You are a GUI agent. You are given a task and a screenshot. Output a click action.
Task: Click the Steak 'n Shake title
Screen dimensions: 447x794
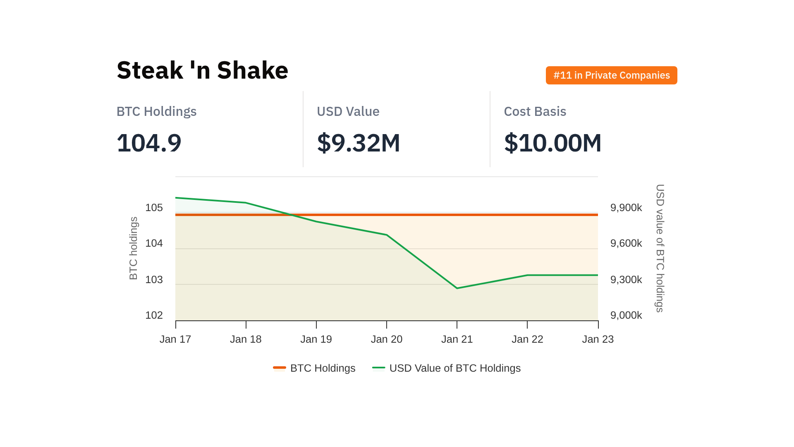202,70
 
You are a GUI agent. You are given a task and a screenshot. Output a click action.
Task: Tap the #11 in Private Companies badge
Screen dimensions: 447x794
611,75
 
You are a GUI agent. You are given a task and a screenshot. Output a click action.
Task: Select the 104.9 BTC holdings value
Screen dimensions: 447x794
149,143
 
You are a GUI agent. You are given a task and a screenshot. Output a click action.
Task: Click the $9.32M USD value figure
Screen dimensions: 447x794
358,143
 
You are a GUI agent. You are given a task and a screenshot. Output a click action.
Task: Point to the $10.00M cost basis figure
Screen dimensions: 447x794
552,143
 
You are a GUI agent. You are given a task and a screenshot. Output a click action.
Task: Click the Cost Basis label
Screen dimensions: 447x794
535,111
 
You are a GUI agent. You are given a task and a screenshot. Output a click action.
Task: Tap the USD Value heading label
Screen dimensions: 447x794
348,111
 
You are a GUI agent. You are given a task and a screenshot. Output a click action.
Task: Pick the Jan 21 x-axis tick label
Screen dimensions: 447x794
457,339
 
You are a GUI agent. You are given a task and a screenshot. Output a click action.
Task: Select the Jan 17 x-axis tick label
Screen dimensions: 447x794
175,339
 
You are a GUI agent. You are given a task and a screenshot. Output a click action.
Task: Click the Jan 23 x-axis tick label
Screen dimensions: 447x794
598,339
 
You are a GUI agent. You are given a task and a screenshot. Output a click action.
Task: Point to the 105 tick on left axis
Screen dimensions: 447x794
154,208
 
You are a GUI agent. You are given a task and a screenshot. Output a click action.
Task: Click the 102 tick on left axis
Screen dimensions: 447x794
154,315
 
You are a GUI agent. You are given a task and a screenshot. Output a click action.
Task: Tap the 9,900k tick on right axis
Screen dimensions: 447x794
626,208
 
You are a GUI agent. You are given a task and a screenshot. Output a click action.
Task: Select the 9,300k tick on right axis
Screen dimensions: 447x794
626,280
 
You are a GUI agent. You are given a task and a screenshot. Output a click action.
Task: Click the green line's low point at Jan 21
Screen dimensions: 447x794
457,288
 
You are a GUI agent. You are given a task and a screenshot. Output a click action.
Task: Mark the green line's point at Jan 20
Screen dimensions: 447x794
387,235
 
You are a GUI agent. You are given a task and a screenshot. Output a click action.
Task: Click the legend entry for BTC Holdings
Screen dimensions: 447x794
314,368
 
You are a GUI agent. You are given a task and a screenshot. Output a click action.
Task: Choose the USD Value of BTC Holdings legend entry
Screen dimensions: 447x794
447,368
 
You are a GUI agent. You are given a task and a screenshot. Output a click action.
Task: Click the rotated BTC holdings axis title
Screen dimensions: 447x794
133,248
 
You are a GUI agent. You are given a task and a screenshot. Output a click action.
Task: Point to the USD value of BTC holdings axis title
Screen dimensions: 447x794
660,248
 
